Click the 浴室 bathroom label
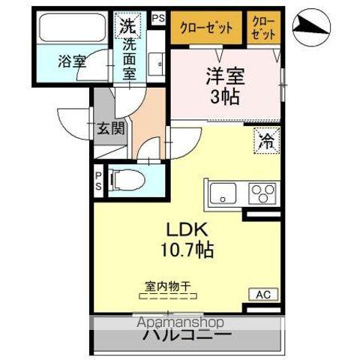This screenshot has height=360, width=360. (x=72, y=61)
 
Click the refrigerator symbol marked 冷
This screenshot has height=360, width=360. (x=266, y=139)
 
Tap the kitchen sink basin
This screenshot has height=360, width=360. (x=223, y=193)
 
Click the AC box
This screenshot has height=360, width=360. (x=265, y=294)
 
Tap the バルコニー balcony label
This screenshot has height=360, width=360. (x=187, y=334)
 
